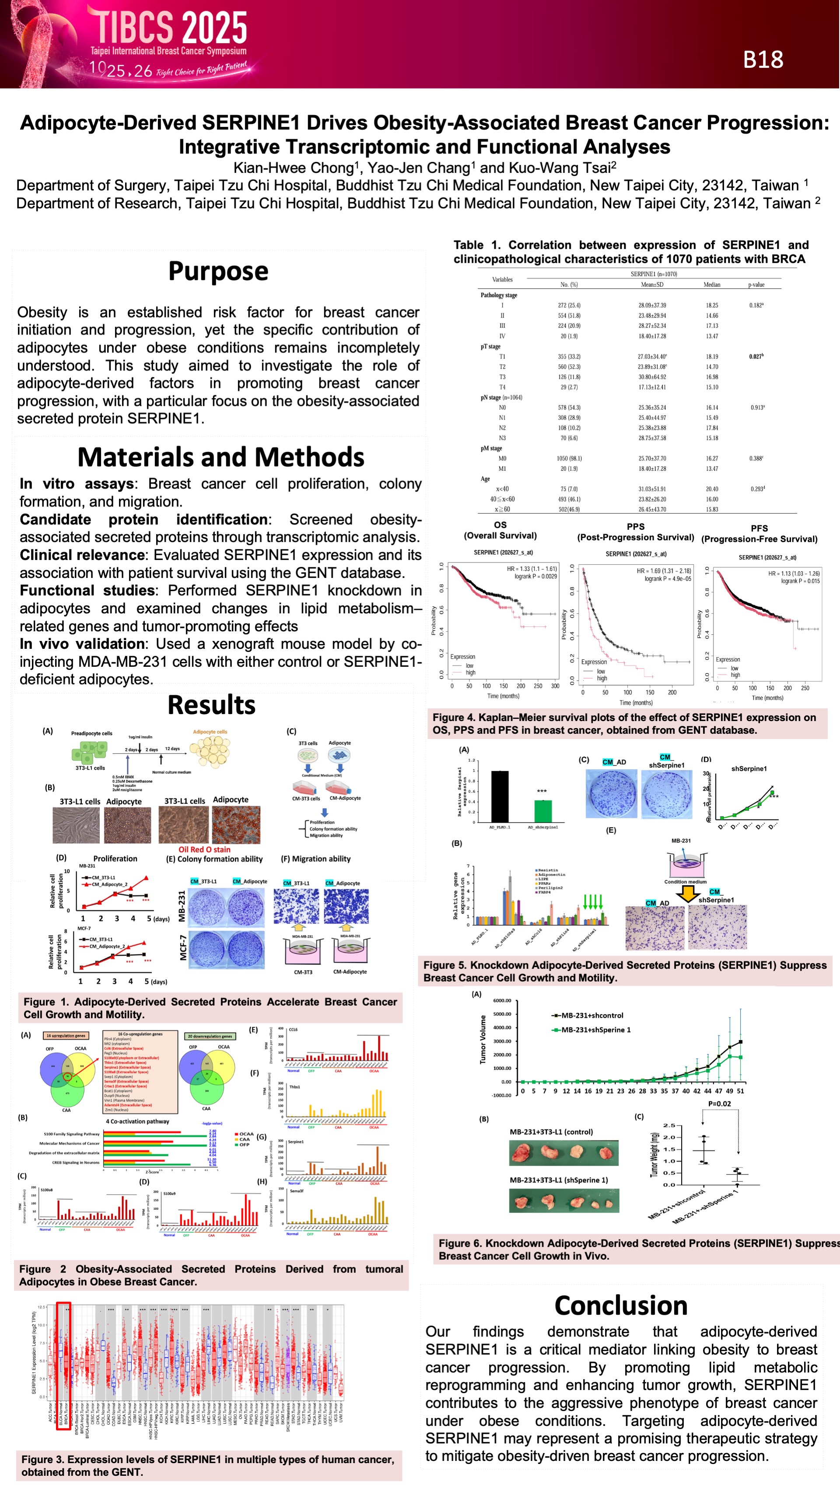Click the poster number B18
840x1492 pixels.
point(763,60)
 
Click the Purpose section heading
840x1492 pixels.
point(218,271)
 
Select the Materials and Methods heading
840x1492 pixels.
point(220,457)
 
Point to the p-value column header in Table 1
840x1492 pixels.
point(756,285)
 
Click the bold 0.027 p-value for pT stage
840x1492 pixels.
point(756,356)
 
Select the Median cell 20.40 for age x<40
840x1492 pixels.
point(711,489)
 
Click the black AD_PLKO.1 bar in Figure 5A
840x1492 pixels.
point(500,796)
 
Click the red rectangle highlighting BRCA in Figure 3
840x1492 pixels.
point(64,1365)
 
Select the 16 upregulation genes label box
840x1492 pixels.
point(66,1035)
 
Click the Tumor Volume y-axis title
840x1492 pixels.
point(483,1040)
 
